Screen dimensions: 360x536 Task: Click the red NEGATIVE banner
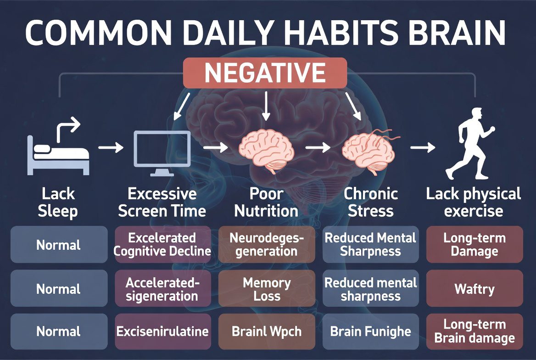[265, 73]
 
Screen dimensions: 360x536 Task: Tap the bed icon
[58, 154]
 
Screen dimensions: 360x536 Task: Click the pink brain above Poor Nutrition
[266, 149]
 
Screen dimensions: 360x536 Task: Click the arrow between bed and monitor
[111, 148]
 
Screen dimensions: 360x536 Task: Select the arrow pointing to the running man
[423, 148]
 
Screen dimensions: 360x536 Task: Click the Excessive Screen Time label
[162, 202]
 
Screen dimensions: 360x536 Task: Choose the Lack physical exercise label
[474, 202]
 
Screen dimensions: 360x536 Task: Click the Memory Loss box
[267, 289]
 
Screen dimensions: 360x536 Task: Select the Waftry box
[475, 289]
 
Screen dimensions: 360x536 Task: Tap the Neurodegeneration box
[267, 244]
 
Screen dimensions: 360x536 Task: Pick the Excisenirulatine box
[162, 332]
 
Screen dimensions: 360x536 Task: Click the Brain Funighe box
[371, 332]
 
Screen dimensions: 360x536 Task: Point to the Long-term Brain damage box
[475, 332]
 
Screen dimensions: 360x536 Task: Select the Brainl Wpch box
[267, 332]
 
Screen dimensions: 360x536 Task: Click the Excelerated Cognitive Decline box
[162, 244]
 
